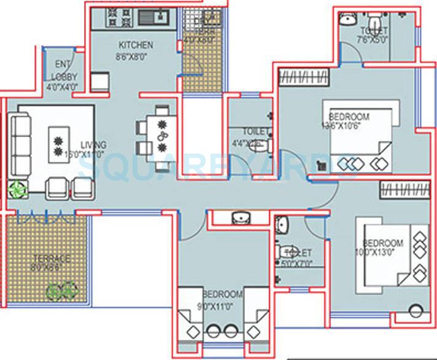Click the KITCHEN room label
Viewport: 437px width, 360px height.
point(136,45)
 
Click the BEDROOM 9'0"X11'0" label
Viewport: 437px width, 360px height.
point(222,295)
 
